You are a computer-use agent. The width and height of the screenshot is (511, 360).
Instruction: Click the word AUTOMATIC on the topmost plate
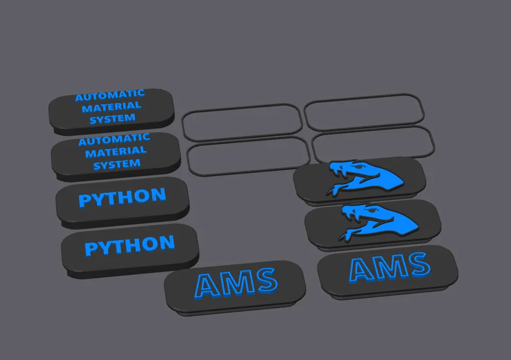110,95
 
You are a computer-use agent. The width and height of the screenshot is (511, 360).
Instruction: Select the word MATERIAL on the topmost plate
111,107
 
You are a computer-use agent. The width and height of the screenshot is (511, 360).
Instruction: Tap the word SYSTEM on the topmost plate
112,119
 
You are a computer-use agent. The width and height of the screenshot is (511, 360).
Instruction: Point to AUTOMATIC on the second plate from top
114,140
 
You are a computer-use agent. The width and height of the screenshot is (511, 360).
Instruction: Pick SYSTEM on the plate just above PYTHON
117,164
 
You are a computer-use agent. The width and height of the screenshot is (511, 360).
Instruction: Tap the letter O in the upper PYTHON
142,196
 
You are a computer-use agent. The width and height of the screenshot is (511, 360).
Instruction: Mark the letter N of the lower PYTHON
167,243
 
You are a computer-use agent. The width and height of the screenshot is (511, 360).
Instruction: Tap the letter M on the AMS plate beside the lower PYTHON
238,283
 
